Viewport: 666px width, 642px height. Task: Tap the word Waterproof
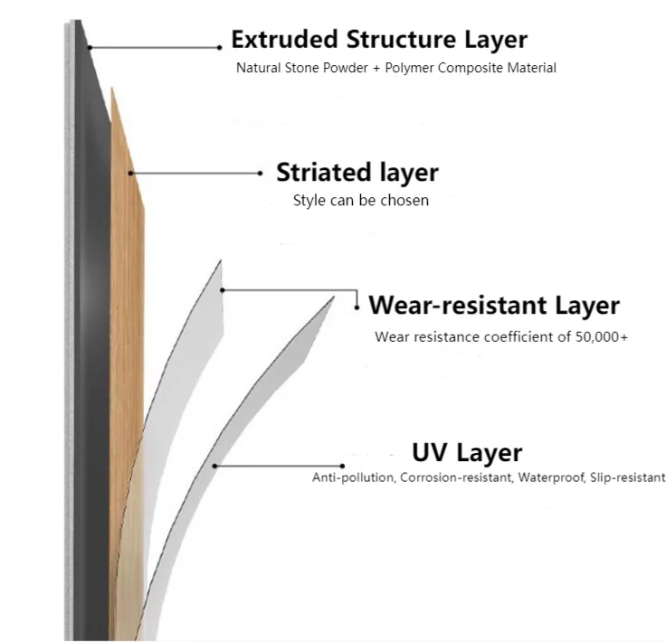pos(550,477)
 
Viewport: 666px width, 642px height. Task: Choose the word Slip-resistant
pos(627,477)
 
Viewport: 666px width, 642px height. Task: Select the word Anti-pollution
pos(354,477)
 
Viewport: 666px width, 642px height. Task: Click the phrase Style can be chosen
pos(360,200)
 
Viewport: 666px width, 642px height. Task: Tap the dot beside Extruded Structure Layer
pos(220,47)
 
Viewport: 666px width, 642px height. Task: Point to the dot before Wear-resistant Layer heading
pos(358,307)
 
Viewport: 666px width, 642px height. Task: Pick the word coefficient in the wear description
pos(512,337)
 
